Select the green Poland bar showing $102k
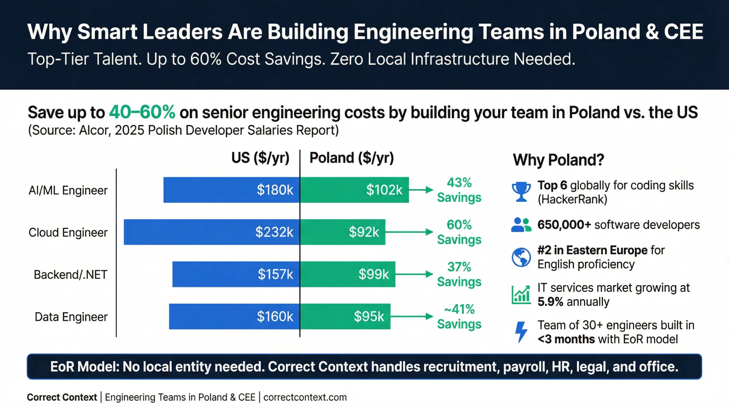pyautogui.click(x=354, y=190)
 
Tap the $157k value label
pyautogui.click(x=275, y=274)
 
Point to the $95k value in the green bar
pyautogui.click(x=369, y=316)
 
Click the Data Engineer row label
pyautogui.click(x=71, y=317)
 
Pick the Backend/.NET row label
pyautogui.click(x=70, y=275)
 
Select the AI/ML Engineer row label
pyautogui.click(x=68, y=190)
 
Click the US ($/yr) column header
pyautogui.click(x=260, y=158)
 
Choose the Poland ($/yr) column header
pyautogui.click(x=351, y=158)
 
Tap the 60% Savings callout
pyautogui.click(x=459, y=232)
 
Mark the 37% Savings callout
pyautogui.click(x=459, y=274)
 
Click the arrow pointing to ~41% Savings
pyautogui.click(x=412, y=316)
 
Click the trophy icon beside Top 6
pyautogui.click(x=521, y=192)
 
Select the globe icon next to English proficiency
pyautogui.click(x=521, y=257)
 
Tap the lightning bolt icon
pyautogui.click(x=521, y=332)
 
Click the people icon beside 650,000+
pyautogui.click(x=521, y=225)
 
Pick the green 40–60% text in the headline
pyautogui.click(x=142, y=112)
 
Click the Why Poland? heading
pyautogui.click(x=558, y=160)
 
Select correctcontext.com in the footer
pyautogui.click(x=305, y=397)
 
